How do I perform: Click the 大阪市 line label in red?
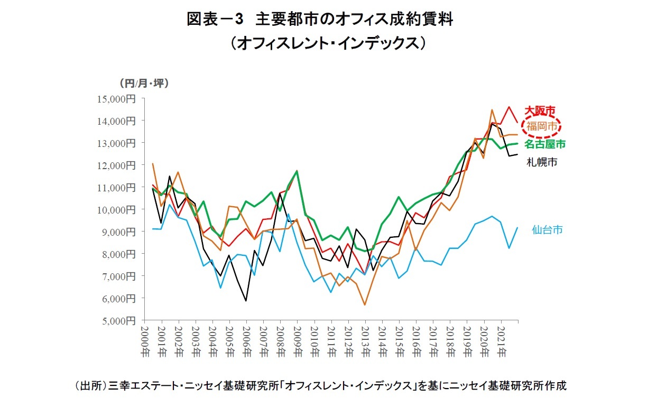(x=540, y=110)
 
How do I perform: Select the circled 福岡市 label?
(x=541, y=126)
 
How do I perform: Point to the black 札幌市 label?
(x=541, y=162)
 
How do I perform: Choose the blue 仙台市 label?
(x=547, y=229)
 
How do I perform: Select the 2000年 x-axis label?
(x=145, y=341)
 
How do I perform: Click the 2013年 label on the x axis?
(x=365, y=341)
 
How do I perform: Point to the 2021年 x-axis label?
(x=500, y=341)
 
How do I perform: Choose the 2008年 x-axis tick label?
(x=280, y=341)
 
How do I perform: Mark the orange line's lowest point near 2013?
(x=365, y=305)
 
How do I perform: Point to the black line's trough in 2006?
(x=246, y=301)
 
